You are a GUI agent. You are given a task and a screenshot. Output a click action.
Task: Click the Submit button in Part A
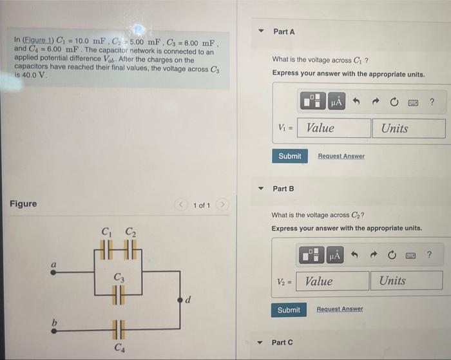(x=289, y=156)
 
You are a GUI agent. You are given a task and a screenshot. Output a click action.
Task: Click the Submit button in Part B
(x=288, y=310)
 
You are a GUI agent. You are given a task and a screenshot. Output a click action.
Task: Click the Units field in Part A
(x=408, y=128)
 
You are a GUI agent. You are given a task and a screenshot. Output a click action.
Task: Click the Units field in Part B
(x=406, y=281)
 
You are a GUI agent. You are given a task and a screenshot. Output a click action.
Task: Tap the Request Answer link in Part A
(x=341, y=156)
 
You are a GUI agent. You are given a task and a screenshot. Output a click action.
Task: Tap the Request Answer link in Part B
(x=340, y=310)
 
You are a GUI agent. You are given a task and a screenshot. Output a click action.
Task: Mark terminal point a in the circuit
(x=54, y=272)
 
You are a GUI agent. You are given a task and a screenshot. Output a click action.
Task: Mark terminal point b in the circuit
(x=54, y=331)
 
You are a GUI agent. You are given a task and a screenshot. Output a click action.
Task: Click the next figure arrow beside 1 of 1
(x=222, y=205)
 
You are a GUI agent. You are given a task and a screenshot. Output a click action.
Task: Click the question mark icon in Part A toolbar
(x=432, y=101)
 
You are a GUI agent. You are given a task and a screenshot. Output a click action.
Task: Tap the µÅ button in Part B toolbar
(x=335, y=256)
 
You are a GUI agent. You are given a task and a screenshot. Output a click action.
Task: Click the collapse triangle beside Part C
(x=261, y=342)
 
